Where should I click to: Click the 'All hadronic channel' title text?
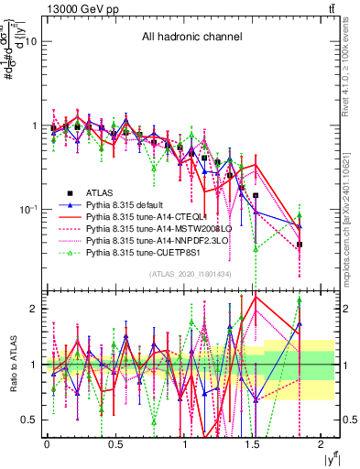(191, 38)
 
